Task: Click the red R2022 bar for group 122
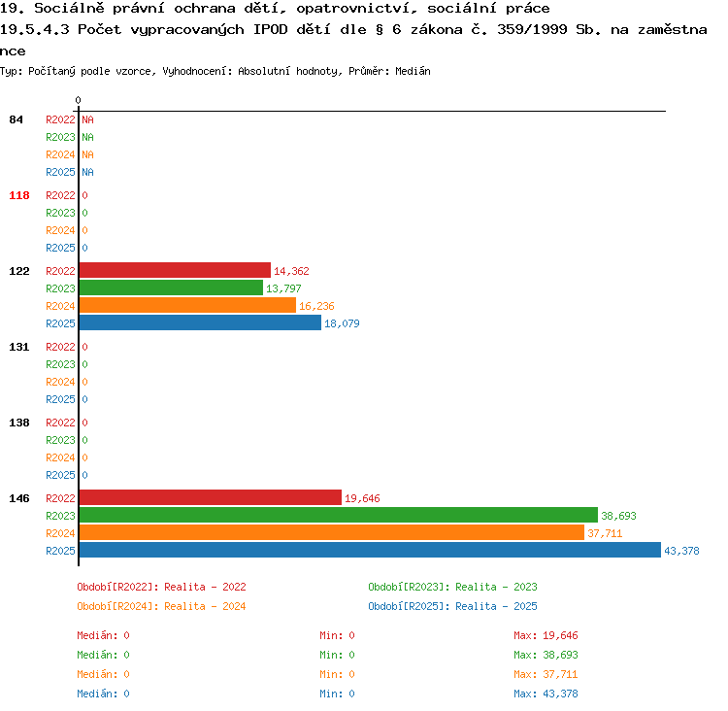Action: tap(175, 270)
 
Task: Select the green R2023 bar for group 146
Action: tap(339, 515)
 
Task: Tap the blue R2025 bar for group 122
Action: tap(200, 322)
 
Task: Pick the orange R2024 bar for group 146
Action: tap(332, 532)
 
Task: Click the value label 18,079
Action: tap(342, 323)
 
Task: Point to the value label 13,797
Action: tap(283, 288)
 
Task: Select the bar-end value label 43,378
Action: tap(681, 551)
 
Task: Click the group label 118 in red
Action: tap(19, 195)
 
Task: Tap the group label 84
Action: tap(16, 119)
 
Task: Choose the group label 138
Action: tap(19, 423)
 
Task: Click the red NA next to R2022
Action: tap(87, 119)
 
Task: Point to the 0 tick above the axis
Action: tap(78, 100)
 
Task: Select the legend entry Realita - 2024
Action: tap(205, 606)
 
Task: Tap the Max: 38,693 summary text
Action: tap(546, 655)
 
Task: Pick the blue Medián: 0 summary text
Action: tap(103, 694)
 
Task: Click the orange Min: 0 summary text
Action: tap(337, 674)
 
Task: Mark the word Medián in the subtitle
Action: tap(413, 71)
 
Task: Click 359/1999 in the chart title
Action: tap(532, 29)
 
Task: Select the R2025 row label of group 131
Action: tap(60, 399)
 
